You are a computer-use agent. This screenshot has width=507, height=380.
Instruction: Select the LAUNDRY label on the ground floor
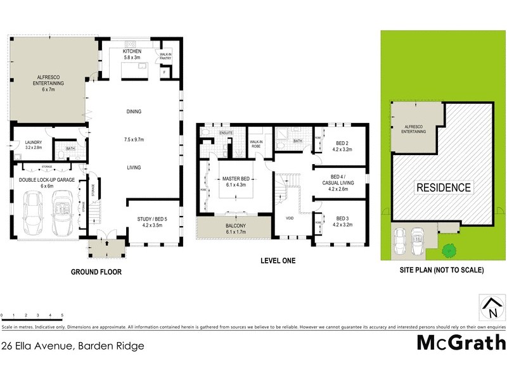(33, 143)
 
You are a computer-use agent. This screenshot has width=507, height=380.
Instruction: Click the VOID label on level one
(290, 218)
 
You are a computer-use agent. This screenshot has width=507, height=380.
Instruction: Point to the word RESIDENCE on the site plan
(444, 187)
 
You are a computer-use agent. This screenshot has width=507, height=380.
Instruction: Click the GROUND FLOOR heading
(96, 272)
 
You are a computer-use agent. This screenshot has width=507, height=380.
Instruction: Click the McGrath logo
(461, 343)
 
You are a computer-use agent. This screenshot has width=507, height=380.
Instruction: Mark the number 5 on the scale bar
(62, 315)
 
